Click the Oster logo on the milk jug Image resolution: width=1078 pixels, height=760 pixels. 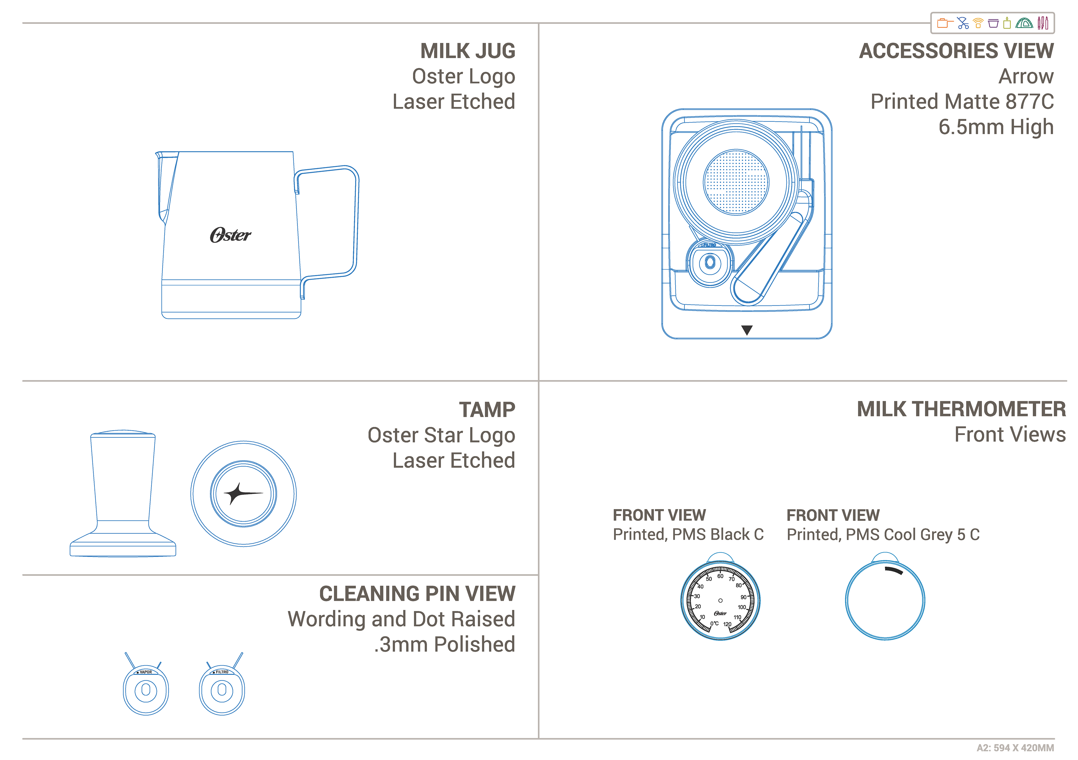(230, 235)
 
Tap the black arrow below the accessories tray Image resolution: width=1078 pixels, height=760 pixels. (746, 330)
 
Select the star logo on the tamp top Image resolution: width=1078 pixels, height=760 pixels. (242, 493)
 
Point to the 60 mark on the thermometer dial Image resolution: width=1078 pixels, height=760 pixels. (720, 576)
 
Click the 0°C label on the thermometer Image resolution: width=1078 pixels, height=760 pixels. (714, 623)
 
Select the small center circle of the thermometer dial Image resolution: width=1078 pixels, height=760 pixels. (720, 600)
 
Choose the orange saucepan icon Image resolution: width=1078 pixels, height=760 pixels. (944, 23)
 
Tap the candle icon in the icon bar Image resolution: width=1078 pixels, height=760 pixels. (1007, 23)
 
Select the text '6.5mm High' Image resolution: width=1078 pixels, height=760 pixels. (996, 127)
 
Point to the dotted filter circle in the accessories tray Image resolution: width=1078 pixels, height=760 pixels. (736, 182)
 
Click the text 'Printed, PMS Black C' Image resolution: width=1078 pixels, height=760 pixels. (688, 534)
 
